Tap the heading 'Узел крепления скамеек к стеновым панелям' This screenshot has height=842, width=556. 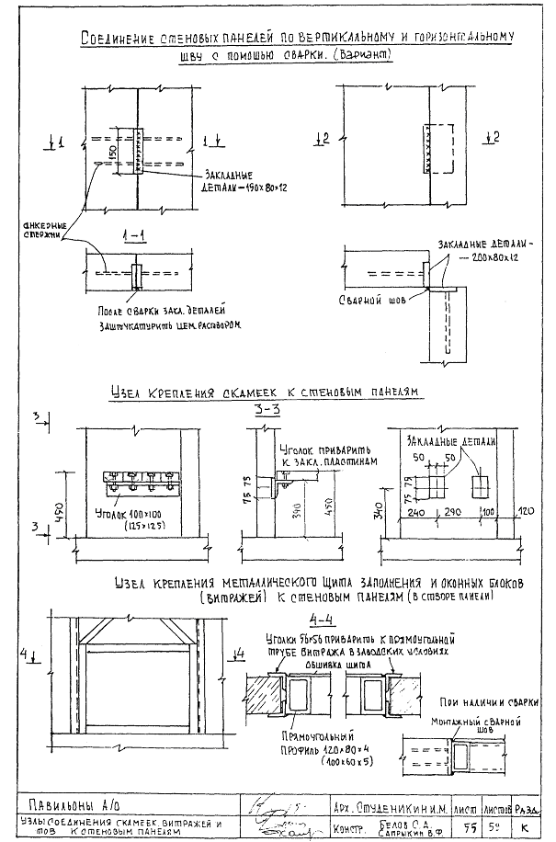pos(264,393)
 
